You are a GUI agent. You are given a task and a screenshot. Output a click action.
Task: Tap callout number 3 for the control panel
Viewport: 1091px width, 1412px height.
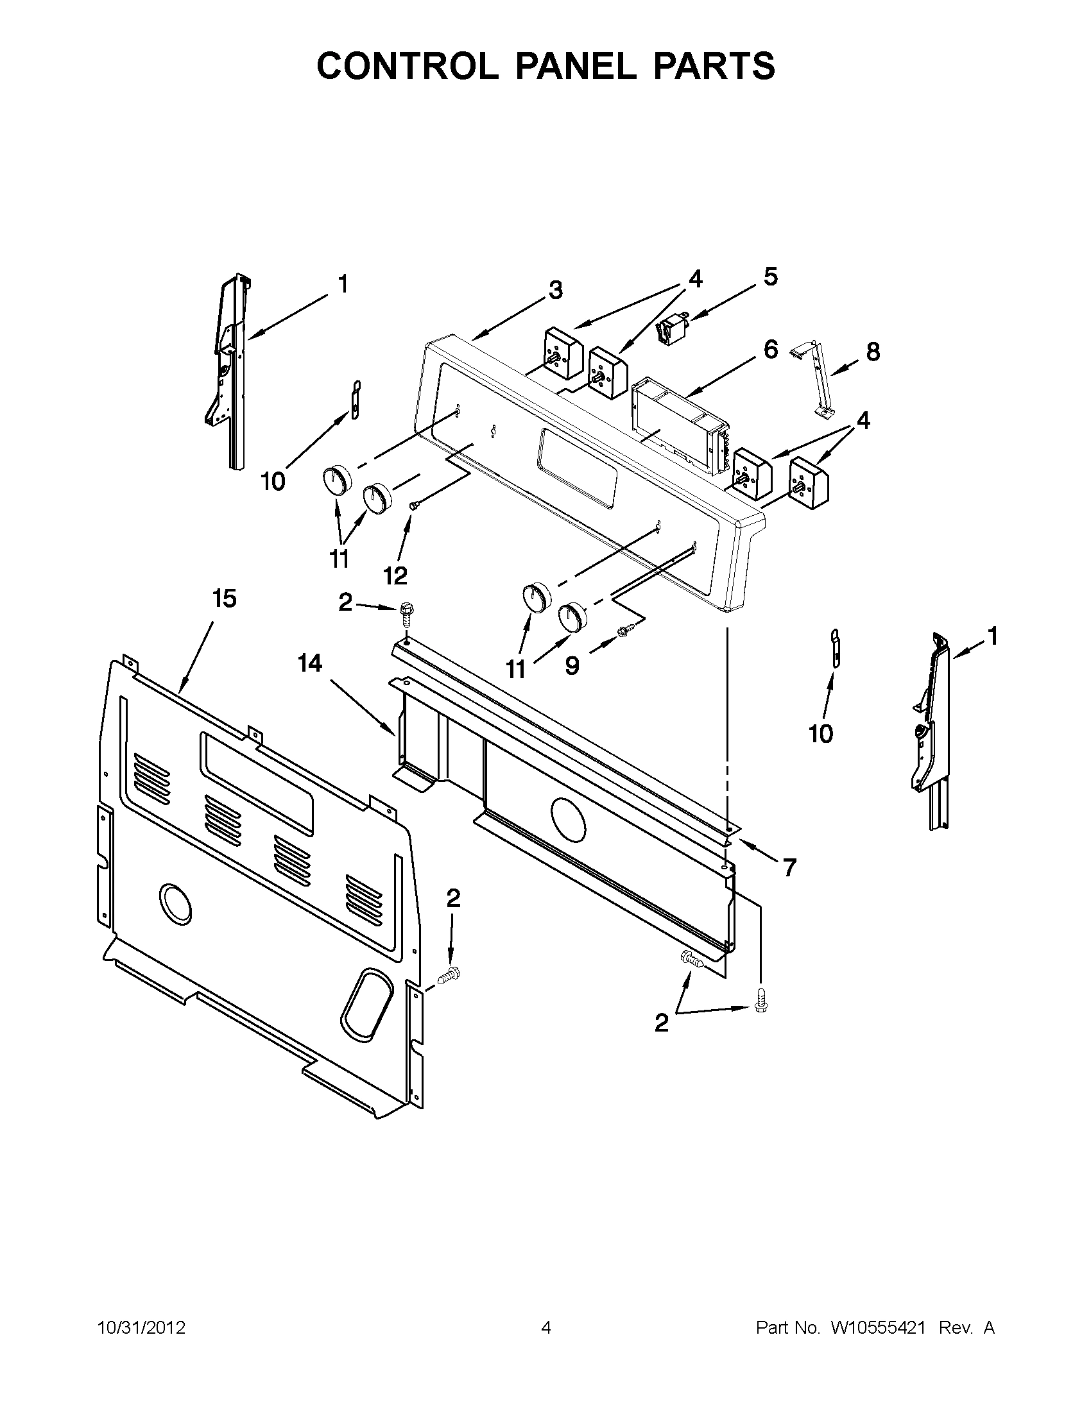555,290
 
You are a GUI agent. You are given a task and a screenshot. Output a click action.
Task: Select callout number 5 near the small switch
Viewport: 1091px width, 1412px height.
769,276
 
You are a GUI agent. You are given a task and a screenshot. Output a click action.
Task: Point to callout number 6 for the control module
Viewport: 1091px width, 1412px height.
770,350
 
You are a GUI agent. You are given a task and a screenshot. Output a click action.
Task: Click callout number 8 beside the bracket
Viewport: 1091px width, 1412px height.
872,352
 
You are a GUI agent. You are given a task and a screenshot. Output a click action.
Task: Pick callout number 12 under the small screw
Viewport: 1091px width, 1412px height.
395,575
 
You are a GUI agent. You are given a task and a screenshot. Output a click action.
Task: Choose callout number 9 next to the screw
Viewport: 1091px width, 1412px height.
572,666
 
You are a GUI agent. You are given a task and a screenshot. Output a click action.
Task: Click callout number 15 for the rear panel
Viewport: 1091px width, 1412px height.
224,599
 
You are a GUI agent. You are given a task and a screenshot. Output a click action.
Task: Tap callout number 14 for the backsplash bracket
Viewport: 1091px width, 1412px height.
310,663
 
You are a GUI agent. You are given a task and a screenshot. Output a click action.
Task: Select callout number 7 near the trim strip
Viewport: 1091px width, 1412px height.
789,867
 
